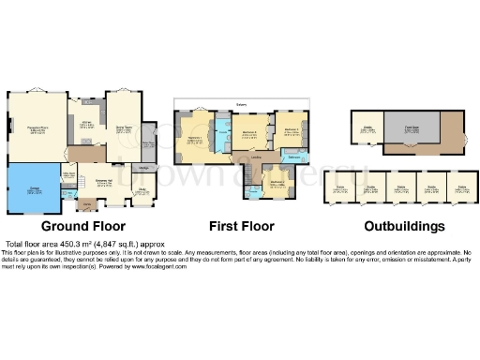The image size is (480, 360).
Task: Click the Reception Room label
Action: click(x=37, y=129)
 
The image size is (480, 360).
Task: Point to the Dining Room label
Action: click(x=123, y=128)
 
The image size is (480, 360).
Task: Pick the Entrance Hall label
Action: click(x=104, y=183)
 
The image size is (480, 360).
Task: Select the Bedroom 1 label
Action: click(x=195, y=140)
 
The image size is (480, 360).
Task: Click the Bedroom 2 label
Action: click(x=248, y=133)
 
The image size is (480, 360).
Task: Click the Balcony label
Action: click(x=241, y=105)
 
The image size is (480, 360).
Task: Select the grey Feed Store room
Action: click(x=412, y=129)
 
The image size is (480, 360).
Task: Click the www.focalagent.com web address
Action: click(x=154, y=267)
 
